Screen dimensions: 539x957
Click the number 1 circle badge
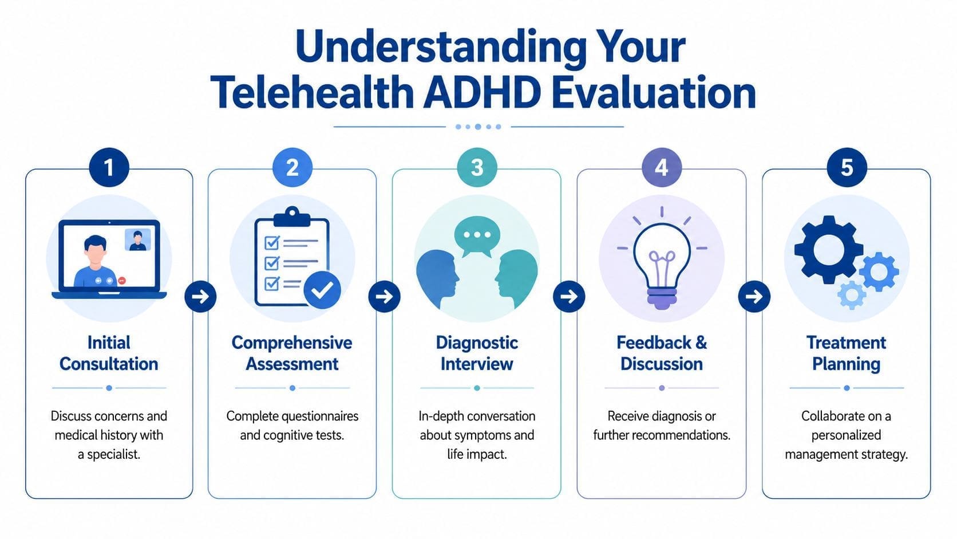pos(109,168)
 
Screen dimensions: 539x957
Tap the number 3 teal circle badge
pos(477,168)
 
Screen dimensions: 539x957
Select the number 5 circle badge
pos(846,168)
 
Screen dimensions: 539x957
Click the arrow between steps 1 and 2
pos(200,297)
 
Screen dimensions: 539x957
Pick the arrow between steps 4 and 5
pos(754,297)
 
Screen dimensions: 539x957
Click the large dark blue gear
pos(828,250)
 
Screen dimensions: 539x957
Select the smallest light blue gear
pos(852,295)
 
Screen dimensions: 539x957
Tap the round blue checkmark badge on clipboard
pos(322,290)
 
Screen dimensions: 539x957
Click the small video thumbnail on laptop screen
pos(137,239)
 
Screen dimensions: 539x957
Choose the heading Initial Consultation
pos(109,353)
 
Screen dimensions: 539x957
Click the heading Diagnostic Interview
pos(477,353)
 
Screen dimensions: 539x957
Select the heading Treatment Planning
pos(846,353)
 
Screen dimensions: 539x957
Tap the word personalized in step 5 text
pos(846,435)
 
